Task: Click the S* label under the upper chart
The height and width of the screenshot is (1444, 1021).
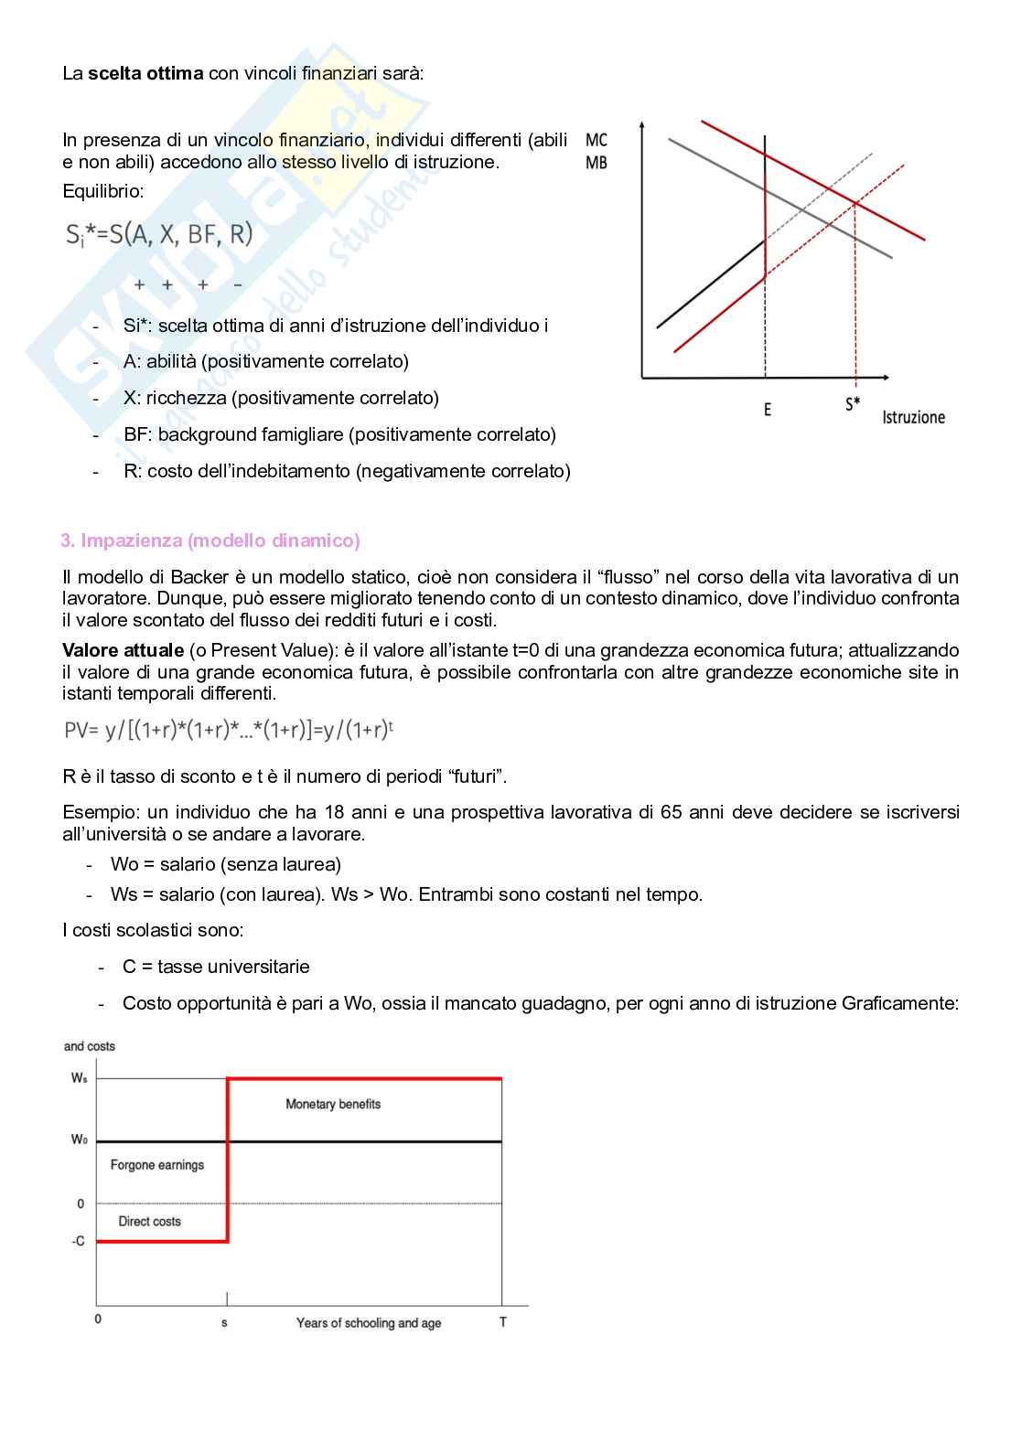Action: (x=853, y=403)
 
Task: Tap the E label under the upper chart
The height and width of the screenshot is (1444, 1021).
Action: (x=768, y=410)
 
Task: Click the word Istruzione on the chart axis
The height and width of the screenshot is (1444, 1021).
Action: (x=913, y=418)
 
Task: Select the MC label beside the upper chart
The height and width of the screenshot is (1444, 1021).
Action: (x=596, y=140)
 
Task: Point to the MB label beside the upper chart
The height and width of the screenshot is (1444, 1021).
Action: (x=596, y=163)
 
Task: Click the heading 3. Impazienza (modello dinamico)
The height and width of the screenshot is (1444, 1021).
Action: (x=210, y=540)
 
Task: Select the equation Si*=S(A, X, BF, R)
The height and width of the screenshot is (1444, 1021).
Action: (x=159, y=235)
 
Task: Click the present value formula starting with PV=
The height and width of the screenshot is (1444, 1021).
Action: (x=229, y=730)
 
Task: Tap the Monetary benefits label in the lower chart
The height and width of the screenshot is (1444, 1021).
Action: (x=333, y=1104)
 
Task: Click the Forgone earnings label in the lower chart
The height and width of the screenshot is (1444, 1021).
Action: (x=157, y=1165)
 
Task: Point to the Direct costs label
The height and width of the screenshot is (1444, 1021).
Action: (x=150, y=1221)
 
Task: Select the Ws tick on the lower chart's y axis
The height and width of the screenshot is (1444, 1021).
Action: (x=80, y=1078)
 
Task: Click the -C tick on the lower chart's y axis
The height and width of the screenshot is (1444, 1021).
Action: (x=78, y=1241)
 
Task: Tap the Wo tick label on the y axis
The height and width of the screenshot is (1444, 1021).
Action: (x=80, y=1139)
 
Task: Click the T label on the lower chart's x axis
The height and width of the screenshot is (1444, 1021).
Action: (x=502, y=1322)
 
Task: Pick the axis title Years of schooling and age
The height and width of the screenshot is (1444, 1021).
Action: (x=369, y=1323)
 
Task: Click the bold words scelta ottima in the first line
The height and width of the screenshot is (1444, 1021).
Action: (x=146, y=73)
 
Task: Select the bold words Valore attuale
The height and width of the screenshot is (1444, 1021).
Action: (x=123, y=650)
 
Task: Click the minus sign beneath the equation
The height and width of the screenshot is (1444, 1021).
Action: (x=238, y=285)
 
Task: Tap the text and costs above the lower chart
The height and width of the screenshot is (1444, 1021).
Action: (x=90, y=1046)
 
